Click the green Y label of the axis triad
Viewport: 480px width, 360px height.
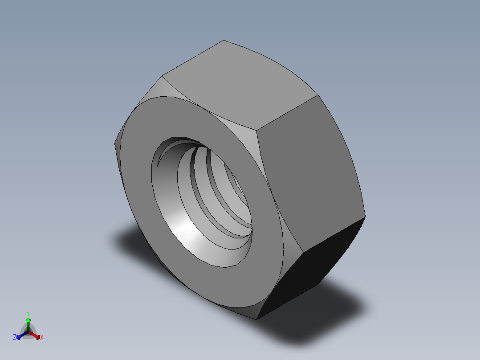[28, 313]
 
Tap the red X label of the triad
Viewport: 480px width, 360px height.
[42, 338]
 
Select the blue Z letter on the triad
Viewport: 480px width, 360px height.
[15, 338]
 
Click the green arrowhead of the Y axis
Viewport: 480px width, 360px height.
[28, 320]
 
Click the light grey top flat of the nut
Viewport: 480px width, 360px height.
[240, 85]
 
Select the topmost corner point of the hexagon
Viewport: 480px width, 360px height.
[224, 41]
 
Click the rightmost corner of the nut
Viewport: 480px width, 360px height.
[365, 217]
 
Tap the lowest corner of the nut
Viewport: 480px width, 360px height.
[256, 319]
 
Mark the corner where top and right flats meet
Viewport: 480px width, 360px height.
[257, 131]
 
